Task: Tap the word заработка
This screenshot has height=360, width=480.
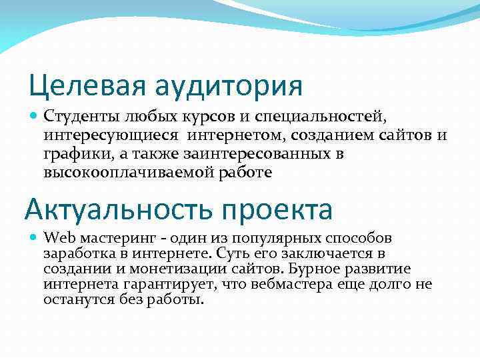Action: click(75, 254)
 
